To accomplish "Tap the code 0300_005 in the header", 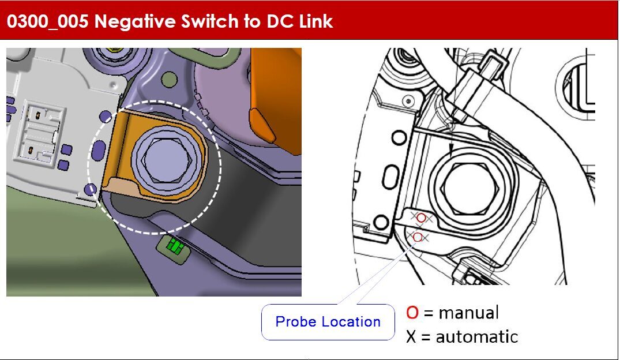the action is pyautogui.click(x=47, y=21).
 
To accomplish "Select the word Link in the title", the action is pyautogui.click(x=316, y=21).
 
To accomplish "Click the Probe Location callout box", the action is pyautogui.click(x=328, y=321).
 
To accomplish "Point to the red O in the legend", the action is pyautogui.click(x=412, y=312).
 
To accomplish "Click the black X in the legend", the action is pyautogui.click(x=411, y=337).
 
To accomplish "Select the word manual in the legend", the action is pyautogui.click(x=468, y=313).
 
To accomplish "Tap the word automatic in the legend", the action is pyautogui.click(x=476, y=337).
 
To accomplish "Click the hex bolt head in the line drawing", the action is pyautogui.click(x=470, y=187).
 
